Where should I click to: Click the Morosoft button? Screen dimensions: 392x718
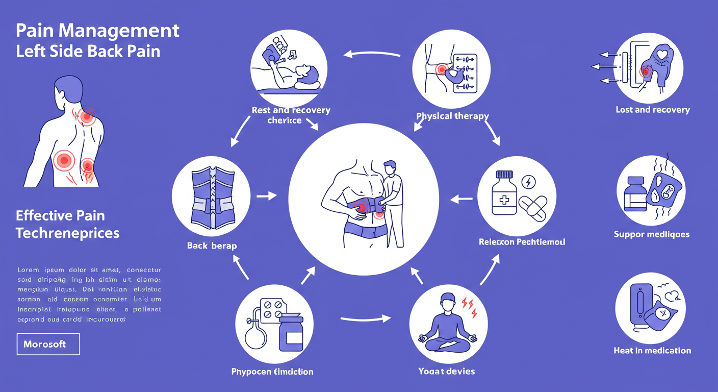pyautogui.click(x=48, y=344)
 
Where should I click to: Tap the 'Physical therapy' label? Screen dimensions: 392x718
pyautogui.click(x=452, y=116)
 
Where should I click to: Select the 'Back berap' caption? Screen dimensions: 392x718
pyautogui.click(x=212, y=246)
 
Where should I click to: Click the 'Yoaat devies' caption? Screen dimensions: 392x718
pyautogui.click(x=446, y=371)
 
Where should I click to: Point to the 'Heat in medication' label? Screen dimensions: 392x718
pyautogui.click(x=652, y=350)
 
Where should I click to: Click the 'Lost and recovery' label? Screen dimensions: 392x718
pyautogui.click(x=652, y=110)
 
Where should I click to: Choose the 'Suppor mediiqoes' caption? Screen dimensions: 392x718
pyautogui.click(x=651, y=234)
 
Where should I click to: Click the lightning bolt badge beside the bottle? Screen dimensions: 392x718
pyautogui.click(x=529, y=182)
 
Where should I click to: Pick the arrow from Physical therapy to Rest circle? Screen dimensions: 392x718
pyautogui.click(x=372, y=53)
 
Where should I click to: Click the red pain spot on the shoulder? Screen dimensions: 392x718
pyautogui.click(x=88, y=116)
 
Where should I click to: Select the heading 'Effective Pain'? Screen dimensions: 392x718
pyautogui.click(x=60, y=215)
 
